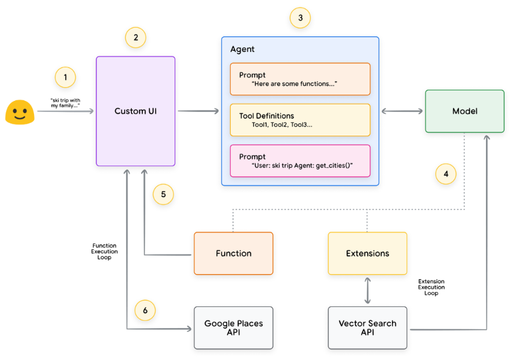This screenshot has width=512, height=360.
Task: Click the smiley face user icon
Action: [18, 112]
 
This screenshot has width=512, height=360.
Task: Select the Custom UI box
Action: [135, 111]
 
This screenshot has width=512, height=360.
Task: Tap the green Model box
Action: [464, 111]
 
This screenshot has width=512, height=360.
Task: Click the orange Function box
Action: [233, 253]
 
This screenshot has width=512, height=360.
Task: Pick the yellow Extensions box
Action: [367, 253]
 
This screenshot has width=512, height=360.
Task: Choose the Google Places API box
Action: [233, 328]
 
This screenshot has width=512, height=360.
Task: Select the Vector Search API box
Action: [367, 328]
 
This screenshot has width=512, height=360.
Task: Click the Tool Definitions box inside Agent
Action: [299, 120]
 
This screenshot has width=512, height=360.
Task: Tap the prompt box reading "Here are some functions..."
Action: [299, 79]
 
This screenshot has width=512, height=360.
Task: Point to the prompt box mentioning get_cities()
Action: [299, 161]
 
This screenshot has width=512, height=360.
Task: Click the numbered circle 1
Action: [65, 77]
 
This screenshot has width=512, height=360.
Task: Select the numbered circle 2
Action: [135, 38]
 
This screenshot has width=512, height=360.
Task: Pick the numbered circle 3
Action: [300, 18]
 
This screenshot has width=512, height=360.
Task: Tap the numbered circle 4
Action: [445, 174]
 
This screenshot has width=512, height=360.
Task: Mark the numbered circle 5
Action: [163, 194]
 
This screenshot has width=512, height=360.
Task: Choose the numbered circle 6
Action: [145, 310]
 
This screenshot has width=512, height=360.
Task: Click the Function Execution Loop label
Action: [104, 252]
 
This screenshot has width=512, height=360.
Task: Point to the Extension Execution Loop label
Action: [431, 287]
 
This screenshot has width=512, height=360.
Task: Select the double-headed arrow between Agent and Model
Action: [402, 111]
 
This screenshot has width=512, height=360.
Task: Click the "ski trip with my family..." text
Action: [65, 103]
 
